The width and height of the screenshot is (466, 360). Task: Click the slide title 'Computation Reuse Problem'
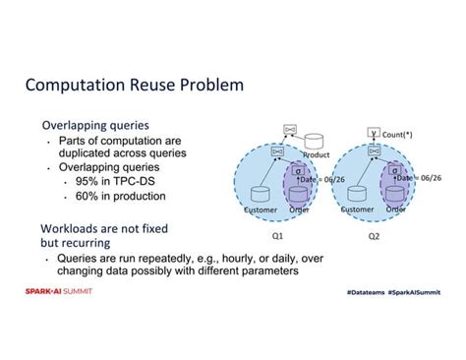click(134, 87)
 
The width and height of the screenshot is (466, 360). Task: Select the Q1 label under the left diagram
click(277, 236)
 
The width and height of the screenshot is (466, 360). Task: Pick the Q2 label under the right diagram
click(376, 236)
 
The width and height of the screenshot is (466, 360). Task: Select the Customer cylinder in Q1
click(261, 193)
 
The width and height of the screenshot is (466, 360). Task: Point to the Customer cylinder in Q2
click(356, 193)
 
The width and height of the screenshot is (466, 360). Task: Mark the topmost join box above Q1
click(289, 129)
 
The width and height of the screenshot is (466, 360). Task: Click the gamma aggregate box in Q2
click(374, 131)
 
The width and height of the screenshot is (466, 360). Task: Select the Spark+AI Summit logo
click(59, 292)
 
